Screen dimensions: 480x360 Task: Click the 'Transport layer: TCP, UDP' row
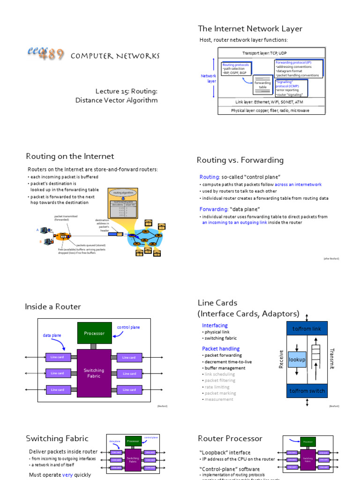pos(271,53)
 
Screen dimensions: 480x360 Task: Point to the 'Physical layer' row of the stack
pos(270,111)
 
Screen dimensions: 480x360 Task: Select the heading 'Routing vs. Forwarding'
pos(240,160)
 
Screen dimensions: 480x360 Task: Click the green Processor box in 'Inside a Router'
pos(94,333)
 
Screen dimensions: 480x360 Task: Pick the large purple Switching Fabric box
pos(94,373)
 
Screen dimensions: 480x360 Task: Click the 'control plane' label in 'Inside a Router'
pos(128,327)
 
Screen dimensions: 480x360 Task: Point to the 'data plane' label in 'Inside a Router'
pos(52,335)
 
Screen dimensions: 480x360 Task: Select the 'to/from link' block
pos(307,329)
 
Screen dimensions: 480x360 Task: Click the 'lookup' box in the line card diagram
pos(297,360)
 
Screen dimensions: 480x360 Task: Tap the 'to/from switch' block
pos(307,391)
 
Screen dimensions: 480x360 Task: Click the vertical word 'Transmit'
pos(332,359)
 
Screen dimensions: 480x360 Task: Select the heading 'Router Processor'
pos(230,438)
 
